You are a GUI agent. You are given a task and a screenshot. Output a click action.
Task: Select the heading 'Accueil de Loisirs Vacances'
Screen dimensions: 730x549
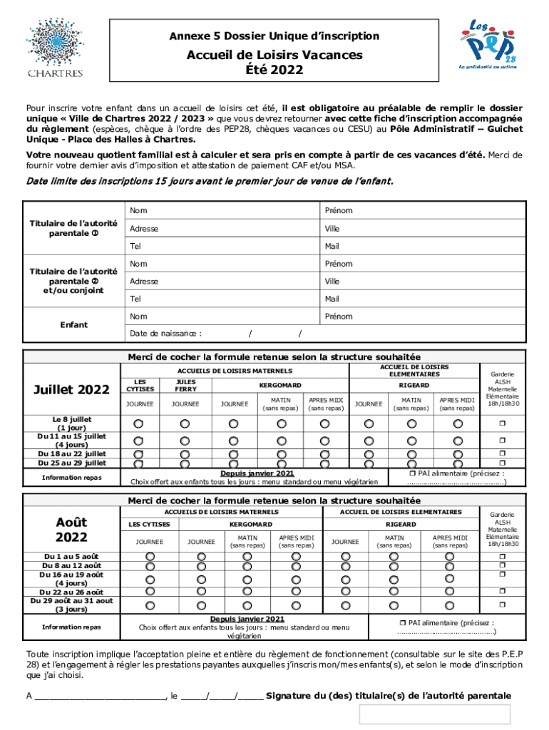(274, 56)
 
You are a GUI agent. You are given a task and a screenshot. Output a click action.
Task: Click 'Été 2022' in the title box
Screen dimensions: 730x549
(274, 70)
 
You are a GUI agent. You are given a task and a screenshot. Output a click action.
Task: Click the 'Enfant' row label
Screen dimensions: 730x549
(73, 325)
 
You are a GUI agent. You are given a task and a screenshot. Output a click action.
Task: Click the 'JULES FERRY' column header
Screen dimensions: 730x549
(185, 386)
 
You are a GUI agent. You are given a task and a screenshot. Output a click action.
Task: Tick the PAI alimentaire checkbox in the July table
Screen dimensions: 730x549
(412, 473)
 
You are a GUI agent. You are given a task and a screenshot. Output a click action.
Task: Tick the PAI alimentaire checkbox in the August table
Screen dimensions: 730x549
(401, 622)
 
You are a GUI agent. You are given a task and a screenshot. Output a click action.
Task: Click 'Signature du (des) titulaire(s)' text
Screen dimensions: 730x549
(388, 696)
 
